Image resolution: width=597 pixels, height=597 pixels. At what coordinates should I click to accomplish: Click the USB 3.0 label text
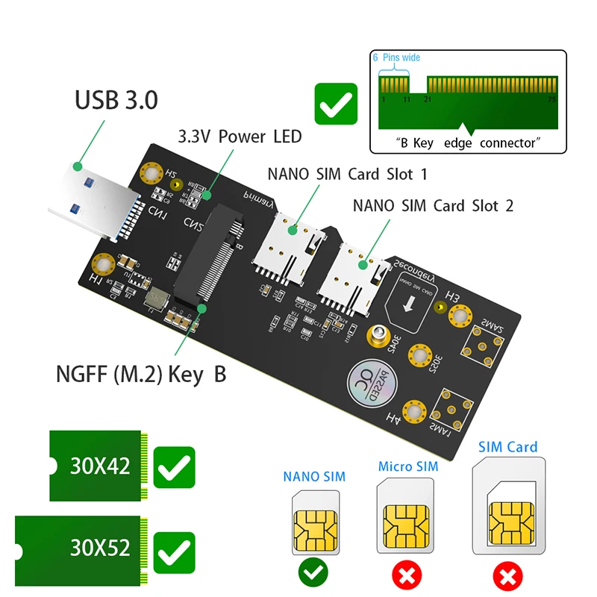coord(116,99)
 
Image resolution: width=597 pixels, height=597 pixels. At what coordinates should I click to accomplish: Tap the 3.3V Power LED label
coord(239,137)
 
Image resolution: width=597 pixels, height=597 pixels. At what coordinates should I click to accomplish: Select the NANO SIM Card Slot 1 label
coord(347,174)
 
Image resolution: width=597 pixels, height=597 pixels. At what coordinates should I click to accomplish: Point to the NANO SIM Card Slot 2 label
coord(433,205)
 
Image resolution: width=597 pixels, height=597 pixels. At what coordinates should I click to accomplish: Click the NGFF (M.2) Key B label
coord(140,374)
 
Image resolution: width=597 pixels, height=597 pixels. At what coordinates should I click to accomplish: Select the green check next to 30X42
coord(174,469)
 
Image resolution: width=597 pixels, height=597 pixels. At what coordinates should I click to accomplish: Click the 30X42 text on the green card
coord(100,466)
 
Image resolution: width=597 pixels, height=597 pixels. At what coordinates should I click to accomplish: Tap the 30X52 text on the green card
coord(100,548)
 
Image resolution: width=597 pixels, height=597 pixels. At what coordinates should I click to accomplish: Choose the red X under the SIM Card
coord(507,576)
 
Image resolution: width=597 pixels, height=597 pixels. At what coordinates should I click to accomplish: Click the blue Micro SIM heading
coord(407,466)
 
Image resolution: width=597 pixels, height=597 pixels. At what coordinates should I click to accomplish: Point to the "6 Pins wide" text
coord(396,57)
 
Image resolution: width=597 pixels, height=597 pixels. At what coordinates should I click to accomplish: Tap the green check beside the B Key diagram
coord(336,104)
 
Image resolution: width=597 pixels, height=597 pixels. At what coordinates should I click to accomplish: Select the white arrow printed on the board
coord(409,307)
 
